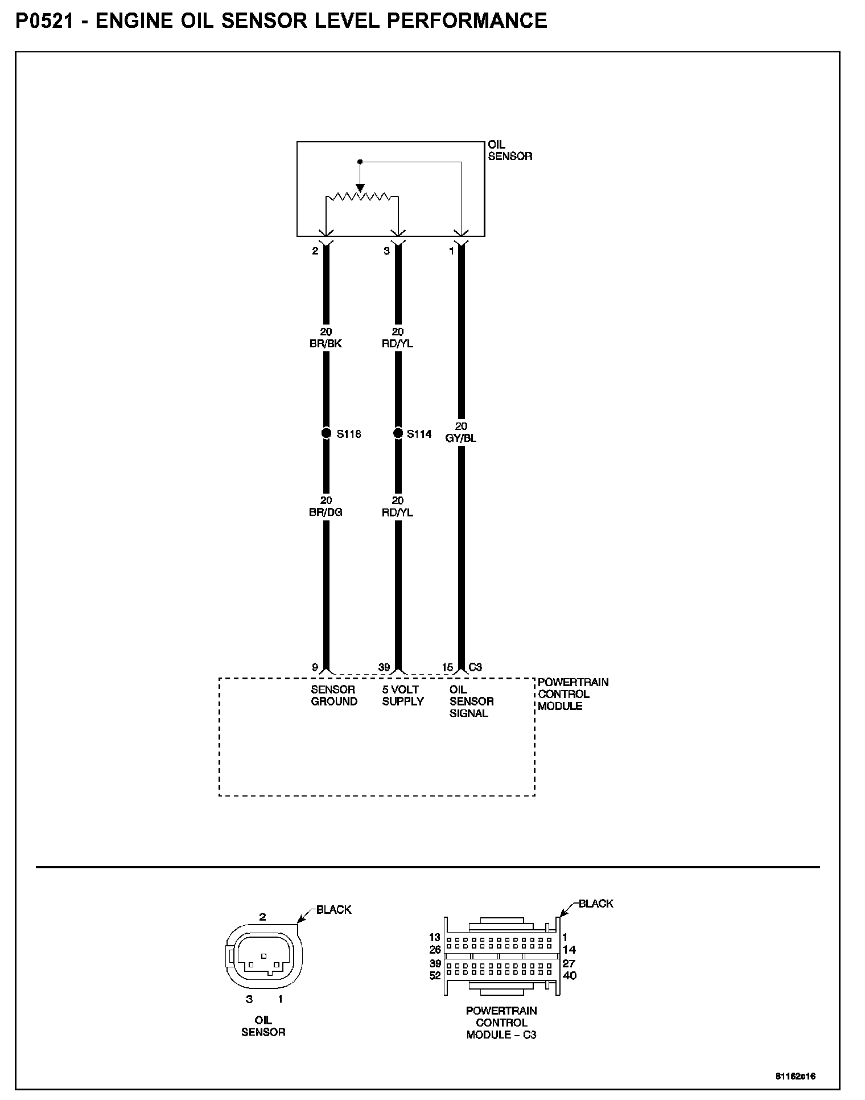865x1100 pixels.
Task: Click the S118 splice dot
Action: pos(326,434)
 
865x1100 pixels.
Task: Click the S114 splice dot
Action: pos(398,434)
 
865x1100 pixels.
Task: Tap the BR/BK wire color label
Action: pos(326,344)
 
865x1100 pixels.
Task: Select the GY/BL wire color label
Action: pos(461,438)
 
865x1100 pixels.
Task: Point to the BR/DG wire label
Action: pos(326,512)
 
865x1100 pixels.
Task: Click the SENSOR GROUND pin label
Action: pos(334,696)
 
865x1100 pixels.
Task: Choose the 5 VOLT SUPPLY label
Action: pos(403,696)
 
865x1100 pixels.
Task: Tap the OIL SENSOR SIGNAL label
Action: pos(471,701)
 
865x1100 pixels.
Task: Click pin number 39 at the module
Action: pos(384,667)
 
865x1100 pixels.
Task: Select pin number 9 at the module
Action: pos(315,667)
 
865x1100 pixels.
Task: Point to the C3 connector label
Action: pos(475,667)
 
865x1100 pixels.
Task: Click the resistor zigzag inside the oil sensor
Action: pos(358,198)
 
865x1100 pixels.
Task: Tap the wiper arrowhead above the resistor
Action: pos(360,188)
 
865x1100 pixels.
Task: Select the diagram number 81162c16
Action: pos(795,1077)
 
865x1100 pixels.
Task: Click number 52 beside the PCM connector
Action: pos(435,975)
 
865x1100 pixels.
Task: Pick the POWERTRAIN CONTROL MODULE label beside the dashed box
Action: pos(573,694)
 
